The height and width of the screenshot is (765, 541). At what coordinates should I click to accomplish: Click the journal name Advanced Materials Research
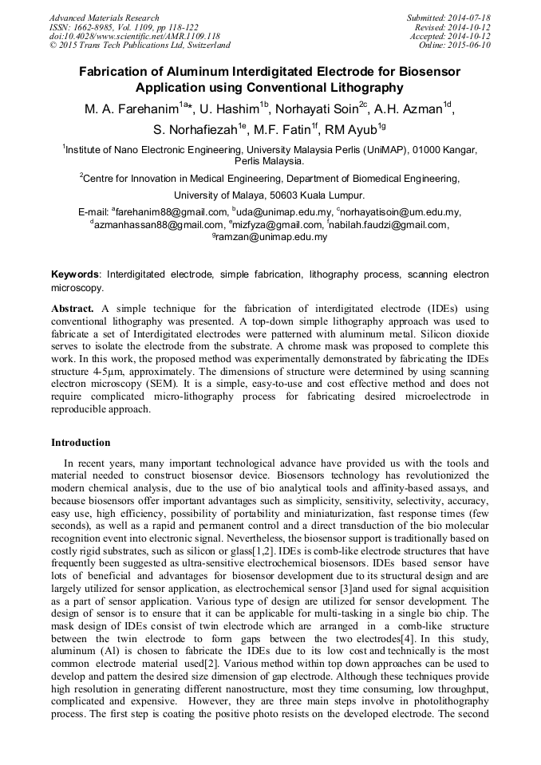tap(104, 18)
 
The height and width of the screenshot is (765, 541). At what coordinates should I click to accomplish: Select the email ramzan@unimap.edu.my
tap(271, 237)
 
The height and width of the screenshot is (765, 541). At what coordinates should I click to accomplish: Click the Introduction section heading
tap(81, 443)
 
